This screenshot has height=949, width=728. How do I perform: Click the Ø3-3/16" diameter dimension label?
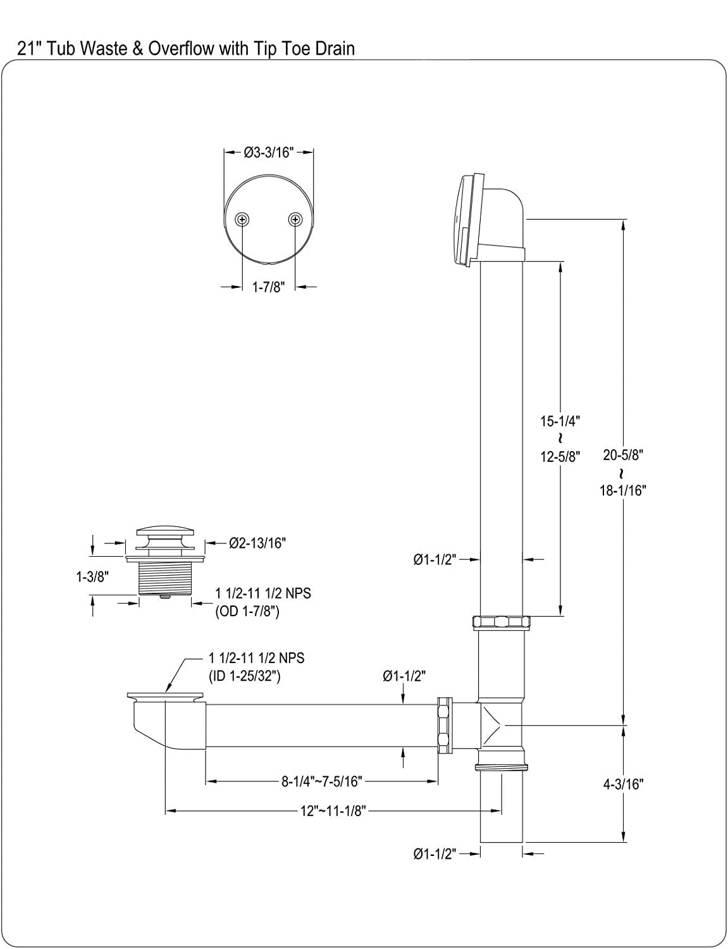tap(269, 152)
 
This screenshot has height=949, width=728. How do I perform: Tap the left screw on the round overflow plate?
tap(242, 219)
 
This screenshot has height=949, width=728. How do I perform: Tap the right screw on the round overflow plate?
tap(295, 219)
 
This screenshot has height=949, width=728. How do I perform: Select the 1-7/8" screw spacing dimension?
tap(269, 287)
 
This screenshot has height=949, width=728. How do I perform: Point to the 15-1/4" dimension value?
tap(560, 420)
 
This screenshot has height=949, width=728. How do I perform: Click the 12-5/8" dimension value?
tap(560, 456)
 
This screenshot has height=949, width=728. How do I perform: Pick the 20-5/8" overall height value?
tap(623, 454)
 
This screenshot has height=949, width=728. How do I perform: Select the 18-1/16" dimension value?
tap(623, 490)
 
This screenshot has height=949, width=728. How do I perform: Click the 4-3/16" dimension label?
tap(623, 784)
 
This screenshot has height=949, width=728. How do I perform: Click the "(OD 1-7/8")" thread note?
tap(248, 612)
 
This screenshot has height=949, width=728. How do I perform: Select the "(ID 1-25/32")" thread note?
tap(245, 676)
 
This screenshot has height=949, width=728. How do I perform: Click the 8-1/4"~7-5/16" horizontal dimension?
tap(321, 782)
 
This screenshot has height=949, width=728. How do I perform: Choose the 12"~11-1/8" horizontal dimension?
tap(333, 810)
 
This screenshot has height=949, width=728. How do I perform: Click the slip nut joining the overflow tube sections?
tap(501, 623)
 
